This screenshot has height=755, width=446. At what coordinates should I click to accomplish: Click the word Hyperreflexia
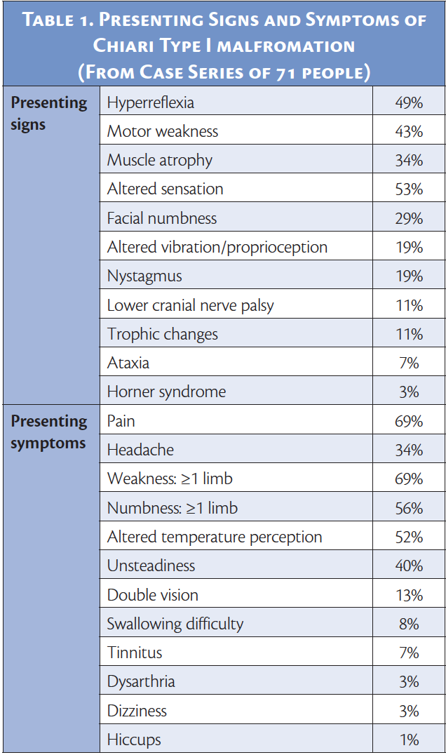point(151,103)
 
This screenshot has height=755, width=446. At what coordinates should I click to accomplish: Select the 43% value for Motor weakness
point(409,132)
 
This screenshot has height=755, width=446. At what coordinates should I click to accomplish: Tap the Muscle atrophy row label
point(160,161)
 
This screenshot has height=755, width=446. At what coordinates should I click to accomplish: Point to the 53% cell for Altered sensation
point(409,189)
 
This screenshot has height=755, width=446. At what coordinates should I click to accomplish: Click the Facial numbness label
point(162,218)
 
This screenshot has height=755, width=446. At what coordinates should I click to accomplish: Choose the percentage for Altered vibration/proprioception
point(409,248)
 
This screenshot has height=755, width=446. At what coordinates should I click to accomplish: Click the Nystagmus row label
point(144,276)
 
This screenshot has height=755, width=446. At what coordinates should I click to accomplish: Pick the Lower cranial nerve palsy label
point(191,305)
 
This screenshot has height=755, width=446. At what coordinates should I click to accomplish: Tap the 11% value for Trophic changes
point(409,334)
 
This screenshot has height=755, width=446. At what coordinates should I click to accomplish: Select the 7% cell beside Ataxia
point(409,363)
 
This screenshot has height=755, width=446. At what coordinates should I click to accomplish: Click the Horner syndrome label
point(167,392)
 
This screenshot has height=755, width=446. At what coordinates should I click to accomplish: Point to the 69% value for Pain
point(409,421)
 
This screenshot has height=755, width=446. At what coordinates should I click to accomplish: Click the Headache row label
point(140,450)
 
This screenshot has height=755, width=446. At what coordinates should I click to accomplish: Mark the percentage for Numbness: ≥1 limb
point(409,508)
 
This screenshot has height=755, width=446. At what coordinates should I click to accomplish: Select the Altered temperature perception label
point(215,537)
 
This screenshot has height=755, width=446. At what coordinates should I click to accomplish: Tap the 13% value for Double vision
point(409,595)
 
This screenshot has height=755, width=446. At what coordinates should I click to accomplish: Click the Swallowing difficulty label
point(175,624)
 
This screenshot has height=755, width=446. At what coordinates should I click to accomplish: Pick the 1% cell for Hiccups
point(409,740)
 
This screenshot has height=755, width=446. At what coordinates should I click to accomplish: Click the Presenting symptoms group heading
point(49,432)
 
